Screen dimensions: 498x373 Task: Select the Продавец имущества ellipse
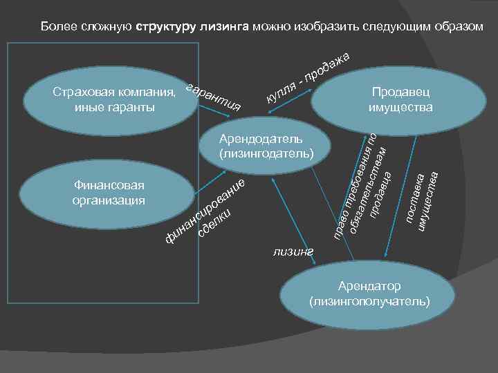tap(400, 99)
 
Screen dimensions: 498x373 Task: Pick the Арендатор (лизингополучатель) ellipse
tap(370, 294)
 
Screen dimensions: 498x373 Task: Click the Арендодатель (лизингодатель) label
tap(266, 146)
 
